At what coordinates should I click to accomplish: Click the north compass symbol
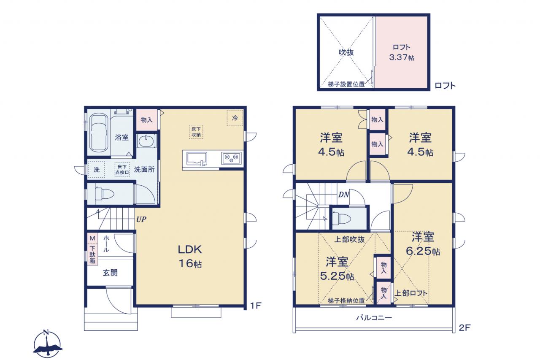(x=48, y=344)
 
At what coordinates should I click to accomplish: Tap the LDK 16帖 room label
(x=190, y=256)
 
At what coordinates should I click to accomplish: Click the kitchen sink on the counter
(x=197, y=159)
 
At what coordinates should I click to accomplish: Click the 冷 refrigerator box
(x=235, y=118)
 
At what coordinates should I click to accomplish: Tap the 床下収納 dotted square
(x=196, y=132)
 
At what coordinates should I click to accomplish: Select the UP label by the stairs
(x=141, y=219)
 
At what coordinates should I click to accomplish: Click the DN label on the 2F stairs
(x=344, y=195)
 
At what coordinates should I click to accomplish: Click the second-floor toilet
(x=342, y=218)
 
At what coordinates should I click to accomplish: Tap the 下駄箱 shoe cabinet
(x=92, y=255)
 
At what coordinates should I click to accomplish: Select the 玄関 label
(x=110, y=273)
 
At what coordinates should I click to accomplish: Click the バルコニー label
(x=374, y=317)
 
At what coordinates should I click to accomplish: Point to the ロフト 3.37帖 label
(x=402, y=52)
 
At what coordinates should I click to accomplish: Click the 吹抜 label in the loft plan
(x=346, y=52)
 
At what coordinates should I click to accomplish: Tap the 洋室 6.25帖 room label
(x=423, y=244)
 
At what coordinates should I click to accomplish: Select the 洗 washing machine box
(x=97, y=170)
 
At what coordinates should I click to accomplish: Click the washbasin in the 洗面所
(x=146, y=141)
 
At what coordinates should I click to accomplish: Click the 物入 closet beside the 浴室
(x=146, y=119)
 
